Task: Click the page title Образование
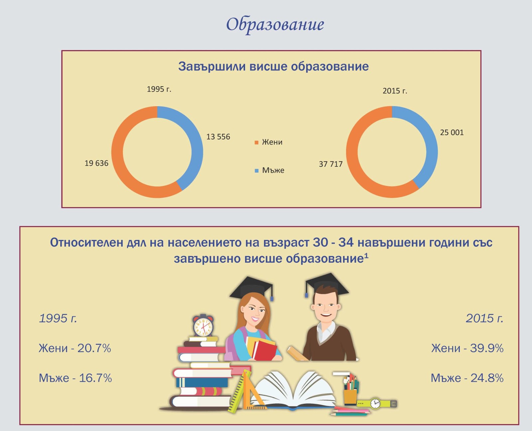point(275,25)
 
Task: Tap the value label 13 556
point(218,137)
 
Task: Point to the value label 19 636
point(96,163)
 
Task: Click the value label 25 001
point(452,132)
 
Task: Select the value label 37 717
point(331,164)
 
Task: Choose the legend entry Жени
point(269,142)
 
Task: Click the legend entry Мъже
point(270,170)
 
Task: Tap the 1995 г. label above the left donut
point(159,89)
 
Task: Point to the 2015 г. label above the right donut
point(395,91)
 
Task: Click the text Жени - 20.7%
point(75,348)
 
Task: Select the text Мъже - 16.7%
point(75,378)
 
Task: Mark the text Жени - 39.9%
point(467,348)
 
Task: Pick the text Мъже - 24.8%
point(467,378)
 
